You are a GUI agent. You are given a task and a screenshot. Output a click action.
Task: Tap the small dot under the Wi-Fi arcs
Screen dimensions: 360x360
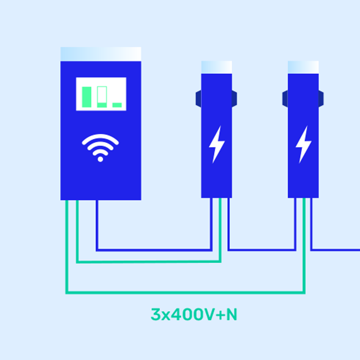pos(100,159)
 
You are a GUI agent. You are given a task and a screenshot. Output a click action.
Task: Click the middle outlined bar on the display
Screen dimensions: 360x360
pos(102,97)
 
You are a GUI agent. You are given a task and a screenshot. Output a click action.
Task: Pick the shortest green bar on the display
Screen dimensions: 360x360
pos(117,105)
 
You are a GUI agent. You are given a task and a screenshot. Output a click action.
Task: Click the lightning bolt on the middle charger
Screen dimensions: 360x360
pos(217,145)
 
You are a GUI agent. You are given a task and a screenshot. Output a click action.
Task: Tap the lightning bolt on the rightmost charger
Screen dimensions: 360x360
pos(303,145)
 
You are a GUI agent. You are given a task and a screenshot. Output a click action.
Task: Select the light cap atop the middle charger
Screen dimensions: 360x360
pos(217,67)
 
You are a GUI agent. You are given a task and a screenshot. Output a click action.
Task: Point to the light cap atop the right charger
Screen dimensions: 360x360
pos(303,67)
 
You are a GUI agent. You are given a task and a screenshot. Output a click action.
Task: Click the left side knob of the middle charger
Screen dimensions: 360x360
pos(198,98)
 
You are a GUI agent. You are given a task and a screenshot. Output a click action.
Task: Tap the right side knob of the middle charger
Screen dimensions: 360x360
pos(235,98)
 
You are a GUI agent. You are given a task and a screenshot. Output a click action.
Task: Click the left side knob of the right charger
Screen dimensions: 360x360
pos(285,98)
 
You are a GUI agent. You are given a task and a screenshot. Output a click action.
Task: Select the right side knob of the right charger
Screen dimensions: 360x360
pos(321,98)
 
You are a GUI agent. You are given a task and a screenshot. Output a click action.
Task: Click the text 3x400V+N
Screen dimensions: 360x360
pos(194,314)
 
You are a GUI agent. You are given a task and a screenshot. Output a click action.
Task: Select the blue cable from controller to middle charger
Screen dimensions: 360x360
pos(154,250)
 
